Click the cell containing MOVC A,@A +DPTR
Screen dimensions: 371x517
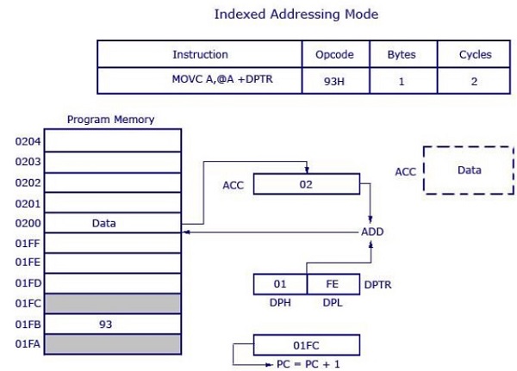pyautogui.click(x=200, y=80)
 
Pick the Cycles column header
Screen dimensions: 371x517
pyautogui.click(x=476, y=54)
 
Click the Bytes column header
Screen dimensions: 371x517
pyautogui.click(x=401, y=54)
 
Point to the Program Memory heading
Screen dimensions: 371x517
pyautogui.click(x=110, y=120)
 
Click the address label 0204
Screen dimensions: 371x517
pyautogui.click(x=28, y=140)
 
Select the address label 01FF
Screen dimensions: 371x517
pyautogui.click(x=28, y=244)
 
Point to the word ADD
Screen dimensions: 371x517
pyautogui.click(x=372, y=232)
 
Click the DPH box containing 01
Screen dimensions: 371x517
pyautogui.click(x=279, y=283)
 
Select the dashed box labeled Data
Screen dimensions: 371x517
pyautogui.click(x=469, y=170)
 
